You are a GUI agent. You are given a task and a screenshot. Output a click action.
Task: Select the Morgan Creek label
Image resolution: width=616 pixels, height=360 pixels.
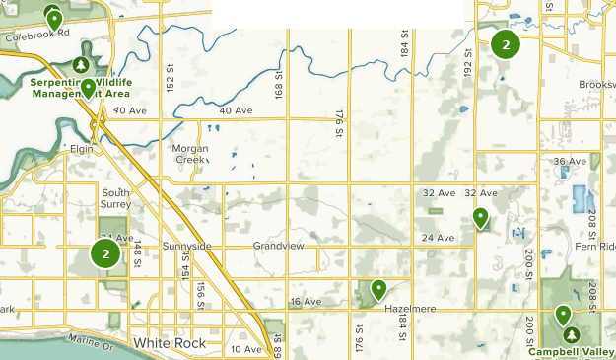point(190,154)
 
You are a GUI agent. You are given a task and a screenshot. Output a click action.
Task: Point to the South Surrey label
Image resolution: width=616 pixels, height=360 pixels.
point(115,199)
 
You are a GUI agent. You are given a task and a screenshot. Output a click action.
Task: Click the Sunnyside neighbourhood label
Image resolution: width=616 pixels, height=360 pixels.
point(186,245)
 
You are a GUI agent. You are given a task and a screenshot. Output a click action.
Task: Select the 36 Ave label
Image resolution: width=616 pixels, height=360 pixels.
point(570,161)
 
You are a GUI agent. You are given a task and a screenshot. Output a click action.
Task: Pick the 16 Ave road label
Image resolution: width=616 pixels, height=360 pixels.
point(306,301)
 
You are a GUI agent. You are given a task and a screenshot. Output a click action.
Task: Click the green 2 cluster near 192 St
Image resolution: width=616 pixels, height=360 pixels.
point(506,44)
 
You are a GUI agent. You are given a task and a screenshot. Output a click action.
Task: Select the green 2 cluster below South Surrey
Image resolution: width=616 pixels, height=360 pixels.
point(105,253)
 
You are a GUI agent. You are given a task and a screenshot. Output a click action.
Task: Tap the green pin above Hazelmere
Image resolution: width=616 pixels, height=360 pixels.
point(378,289)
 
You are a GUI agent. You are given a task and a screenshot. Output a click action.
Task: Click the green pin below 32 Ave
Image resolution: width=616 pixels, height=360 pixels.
point(480,217)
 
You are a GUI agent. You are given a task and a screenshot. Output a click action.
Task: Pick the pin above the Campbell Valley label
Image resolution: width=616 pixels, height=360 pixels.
point(563,316)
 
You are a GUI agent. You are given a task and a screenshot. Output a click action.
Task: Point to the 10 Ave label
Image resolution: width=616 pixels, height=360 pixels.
point(246,349)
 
